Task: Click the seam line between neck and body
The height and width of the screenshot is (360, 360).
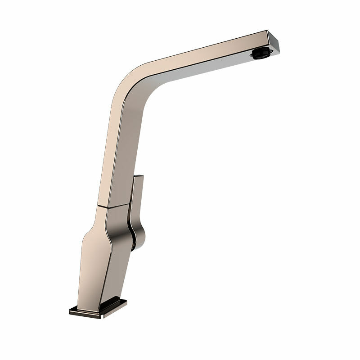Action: [112, 206]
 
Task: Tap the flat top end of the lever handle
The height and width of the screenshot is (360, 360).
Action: [138, 176]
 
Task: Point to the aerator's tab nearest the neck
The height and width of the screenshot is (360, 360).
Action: [253, 54]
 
